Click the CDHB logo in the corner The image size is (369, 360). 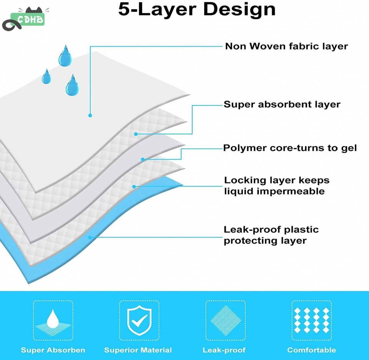pos(25,19)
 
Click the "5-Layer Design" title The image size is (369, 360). pos(197,9)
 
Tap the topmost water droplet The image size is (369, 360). pos(65,56)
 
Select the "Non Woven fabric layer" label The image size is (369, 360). pos(286,46)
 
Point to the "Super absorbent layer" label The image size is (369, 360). pos(282,104)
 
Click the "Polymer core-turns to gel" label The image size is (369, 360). pos(290,148)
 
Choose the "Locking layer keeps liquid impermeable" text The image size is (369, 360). pos(277,186)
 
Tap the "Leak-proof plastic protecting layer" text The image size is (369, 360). pos(271,235)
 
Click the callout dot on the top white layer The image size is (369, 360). pos(90,115)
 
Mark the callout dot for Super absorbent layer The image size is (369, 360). pos(136,134)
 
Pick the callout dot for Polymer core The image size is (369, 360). pos(143,159)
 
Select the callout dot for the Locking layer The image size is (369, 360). pos(134,187)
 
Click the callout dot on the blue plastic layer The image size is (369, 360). pos(90,238)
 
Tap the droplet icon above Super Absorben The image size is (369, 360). pos(53,320)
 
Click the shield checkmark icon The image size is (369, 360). pos(139,320)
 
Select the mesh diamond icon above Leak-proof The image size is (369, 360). pos(226,320)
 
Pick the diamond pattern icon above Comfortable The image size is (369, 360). pos(312,320)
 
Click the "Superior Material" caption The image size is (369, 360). pos(138,350)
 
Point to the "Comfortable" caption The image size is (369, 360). pos(312,350)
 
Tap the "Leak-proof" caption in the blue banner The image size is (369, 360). pos(224,350)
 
